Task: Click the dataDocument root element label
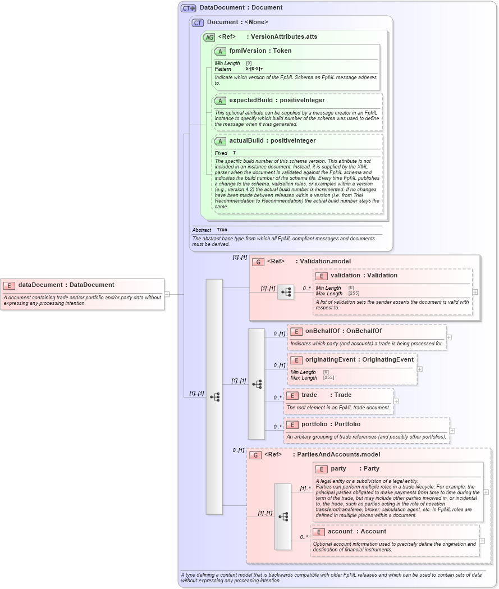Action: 66,285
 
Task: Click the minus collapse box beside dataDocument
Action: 167,294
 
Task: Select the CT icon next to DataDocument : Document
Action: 188,8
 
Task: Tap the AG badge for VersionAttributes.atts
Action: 209,37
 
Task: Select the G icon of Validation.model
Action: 258,262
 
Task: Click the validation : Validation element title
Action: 364,275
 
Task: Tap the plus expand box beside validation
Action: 475,292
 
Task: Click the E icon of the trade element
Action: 292,395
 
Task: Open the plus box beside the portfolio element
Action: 452,431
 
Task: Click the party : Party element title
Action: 355,468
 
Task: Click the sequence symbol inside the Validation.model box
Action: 286,292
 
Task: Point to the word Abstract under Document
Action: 202,230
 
